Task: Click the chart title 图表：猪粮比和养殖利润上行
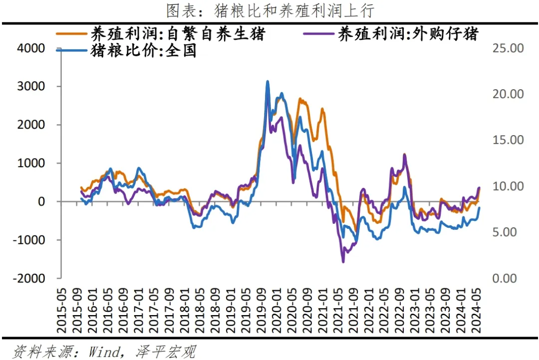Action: tap(269, 10)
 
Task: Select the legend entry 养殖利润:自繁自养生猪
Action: tap(177, 34)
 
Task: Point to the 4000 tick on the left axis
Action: tap(31, 48)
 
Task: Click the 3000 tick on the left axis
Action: tap(31, 87)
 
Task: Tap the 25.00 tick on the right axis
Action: tap(508, 48)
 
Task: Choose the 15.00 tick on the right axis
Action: tap(508, 140)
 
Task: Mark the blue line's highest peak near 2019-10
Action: tap(268, 81)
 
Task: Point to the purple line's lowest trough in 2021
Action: tap(343, 261)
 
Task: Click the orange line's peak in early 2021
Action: tap(322, 109)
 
